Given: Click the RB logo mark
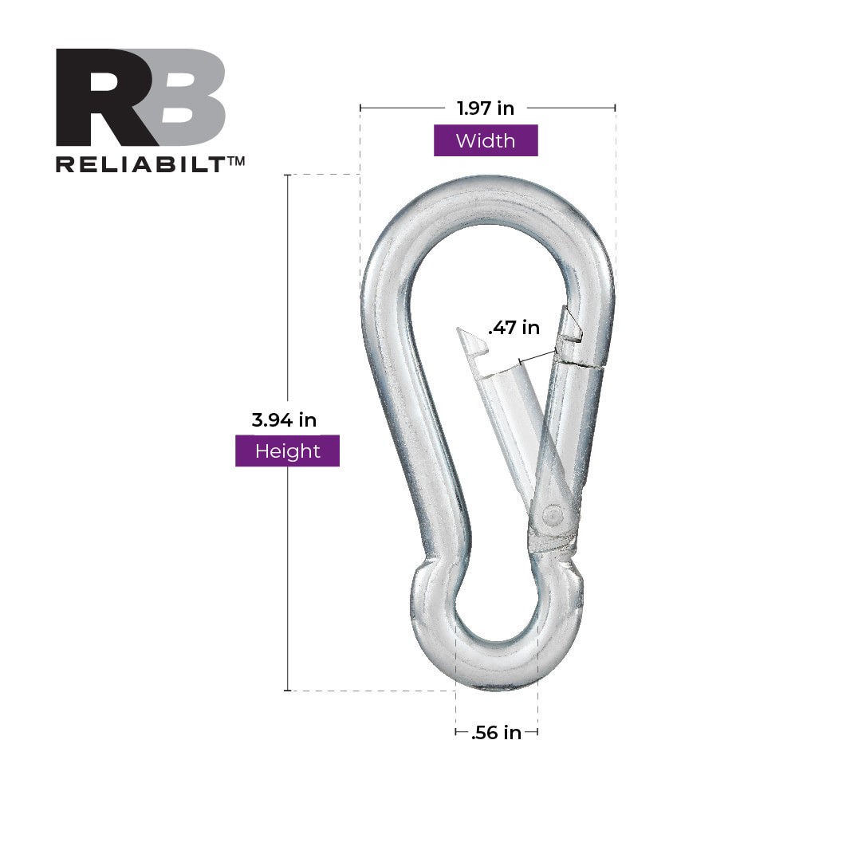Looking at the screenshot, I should (140, 97).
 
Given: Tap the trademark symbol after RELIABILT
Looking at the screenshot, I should (236, 160).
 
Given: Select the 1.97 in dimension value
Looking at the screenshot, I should (485, 108).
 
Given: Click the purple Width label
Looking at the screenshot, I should (486, 141).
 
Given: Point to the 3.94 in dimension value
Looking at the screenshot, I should (284, 419).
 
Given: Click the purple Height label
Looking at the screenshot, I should (287, 451).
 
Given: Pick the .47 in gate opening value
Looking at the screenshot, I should (514, 327).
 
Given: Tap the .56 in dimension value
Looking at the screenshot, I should (496, 733).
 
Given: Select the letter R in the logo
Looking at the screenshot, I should (100, 97).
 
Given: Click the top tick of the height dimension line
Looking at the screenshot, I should (287, 175).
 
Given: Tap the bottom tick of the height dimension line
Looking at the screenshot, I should (287, 691).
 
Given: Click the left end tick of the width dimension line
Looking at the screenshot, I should (360, 108).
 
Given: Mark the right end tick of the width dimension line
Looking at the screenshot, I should (615, 108).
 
